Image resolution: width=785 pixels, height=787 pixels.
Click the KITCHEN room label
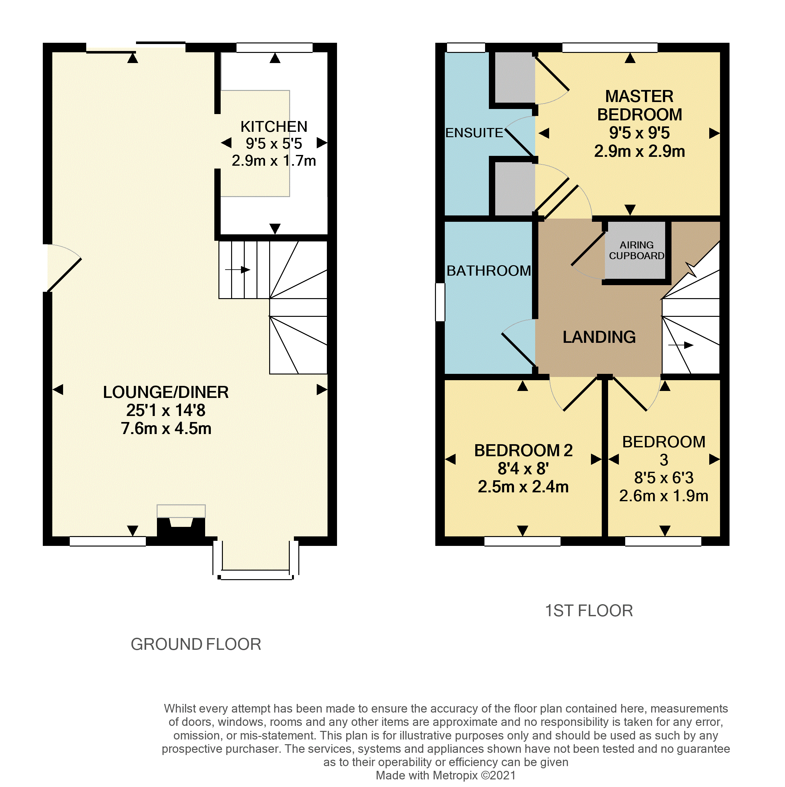click(274, 127)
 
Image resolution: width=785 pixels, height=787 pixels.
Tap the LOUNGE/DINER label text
click(165, 392)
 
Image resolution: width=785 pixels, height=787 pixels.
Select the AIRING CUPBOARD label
click(636, 250)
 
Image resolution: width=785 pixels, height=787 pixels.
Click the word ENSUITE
click(474, 133)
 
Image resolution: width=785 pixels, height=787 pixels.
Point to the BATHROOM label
click(488, 271)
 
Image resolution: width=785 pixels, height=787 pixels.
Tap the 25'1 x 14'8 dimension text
click(165, 410)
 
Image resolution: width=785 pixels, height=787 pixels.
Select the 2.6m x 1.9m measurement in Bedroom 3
click(664, 496)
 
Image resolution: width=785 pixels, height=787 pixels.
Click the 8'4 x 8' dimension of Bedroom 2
click(523, 469)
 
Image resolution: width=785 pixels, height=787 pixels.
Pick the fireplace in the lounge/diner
click(181, 523)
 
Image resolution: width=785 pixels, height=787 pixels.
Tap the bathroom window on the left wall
click(440, 302)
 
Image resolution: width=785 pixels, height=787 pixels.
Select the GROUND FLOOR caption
click(196, 644)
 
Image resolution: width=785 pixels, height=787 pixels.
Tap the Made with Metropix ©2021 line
click(445, 776)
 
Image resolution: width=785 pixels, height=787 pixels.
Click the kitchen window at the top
click(274, 48)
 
